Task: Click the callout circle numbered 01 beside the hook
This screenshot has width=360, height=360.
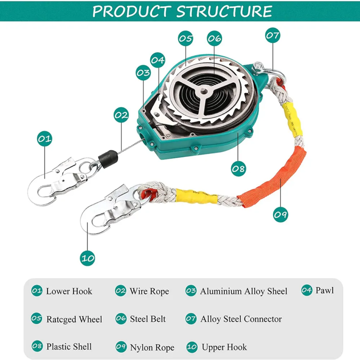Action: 45,139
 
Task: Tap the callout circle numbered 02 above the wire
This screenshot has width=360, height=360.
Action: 121,114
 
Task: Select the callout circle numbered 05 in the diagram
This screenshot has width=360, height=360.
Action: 186,38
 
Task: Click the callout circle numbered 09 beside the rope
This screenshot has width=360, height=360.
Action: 280,215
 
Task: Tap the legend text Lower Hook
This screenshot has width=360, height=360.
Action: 69,291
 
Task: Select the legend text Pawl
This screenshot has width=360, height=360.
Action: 324,290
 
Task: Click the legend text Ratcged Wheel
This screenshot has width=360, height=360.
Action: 74,319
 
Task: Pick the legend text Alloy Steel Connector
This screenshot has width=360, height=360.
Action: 241,319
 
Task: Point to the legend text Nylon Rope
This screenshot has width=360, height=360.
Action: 152,347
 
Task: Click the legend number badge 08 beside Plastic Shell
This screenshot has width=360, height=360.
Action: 37,346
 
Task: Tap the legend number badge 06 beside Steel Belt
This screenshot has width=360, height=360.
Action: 121,319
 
